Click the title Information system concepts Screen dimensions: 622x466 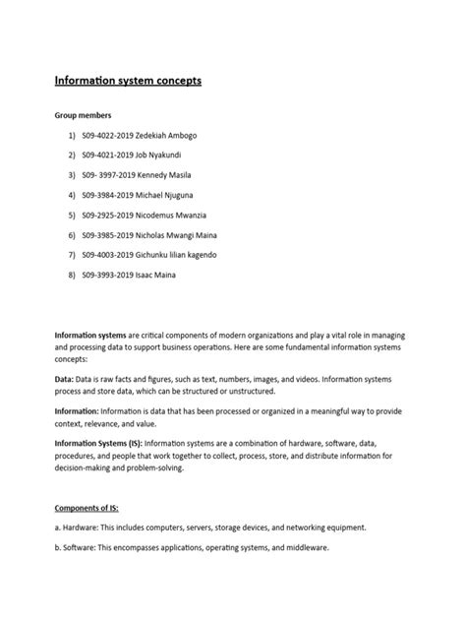coord(128,80)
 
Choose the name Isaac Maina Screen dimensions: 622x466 coord(160,275)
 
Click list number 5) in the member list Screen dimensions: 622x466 coord(72,215)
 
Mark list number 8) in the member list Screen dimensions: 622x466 coord(72,275)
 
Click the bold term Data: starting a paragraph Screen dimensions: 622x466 coord(66,377)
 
